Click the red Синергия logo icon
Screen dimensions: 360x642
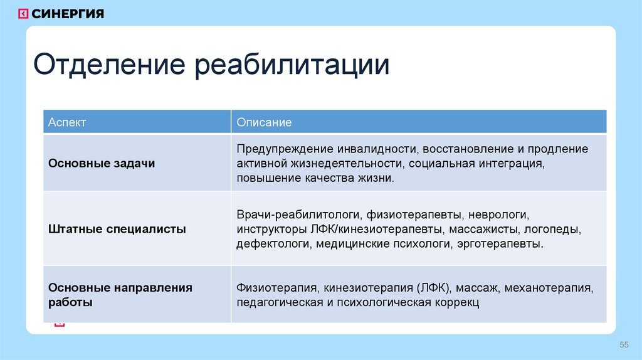(23, 14)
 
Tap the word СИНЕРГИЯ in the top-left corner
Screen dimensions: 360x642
(68, 14)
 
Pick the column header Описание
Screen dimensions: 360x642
(264, 122)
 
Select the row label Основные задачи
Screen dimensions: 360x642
(102, 163)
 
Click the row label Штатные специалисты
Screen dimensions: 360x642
(117, 229)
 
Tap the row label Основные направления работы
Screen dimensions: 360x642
(120, 295)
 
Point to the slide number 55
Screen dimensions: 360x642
(624, 345)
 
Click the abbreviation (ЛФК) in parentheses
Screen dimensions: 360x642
(432, 289)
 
